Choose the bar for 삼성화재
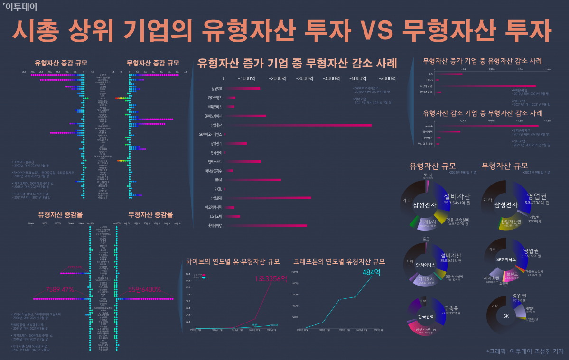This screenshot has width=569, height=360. pyautogui.click(x=268, y=198)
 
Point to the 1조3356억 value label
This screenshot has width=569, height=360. pyautogui.click(x=271, y=278)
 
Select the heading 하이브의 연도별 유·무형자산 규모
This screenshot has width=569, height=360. pyautogui.click(x=233, y=261)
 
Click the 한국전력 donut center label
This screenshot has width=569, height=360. pyautogui.click(x=426, y=316)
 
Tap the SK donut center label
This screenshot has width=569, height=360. pyautogui.click(x=506, y=316)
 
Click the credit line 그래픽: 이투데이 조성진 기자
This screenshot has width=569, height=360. pyautogui.click(x=525, y=351)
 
